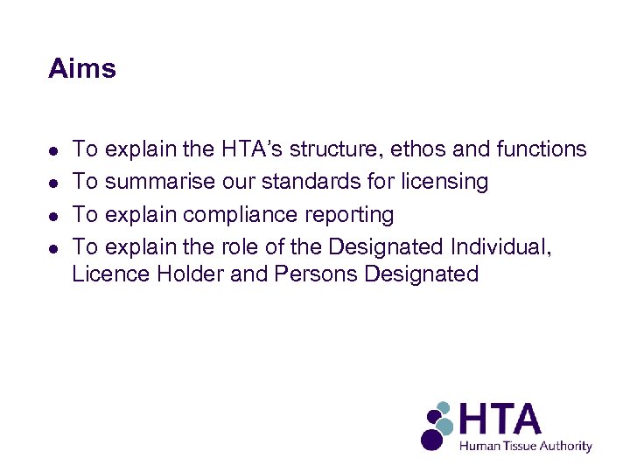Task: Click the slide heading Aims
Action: (x=82, y=69)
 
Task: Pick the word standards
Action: (x=314, y=182)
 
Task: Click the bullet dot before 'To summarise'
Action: (x=54, y=183)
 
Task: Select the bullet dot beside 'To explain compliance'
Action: (x=54, y=215)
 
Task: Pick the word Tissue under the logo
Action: (x=515, y=446)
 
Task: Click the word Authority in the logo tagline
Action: (x=565, y=446)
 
